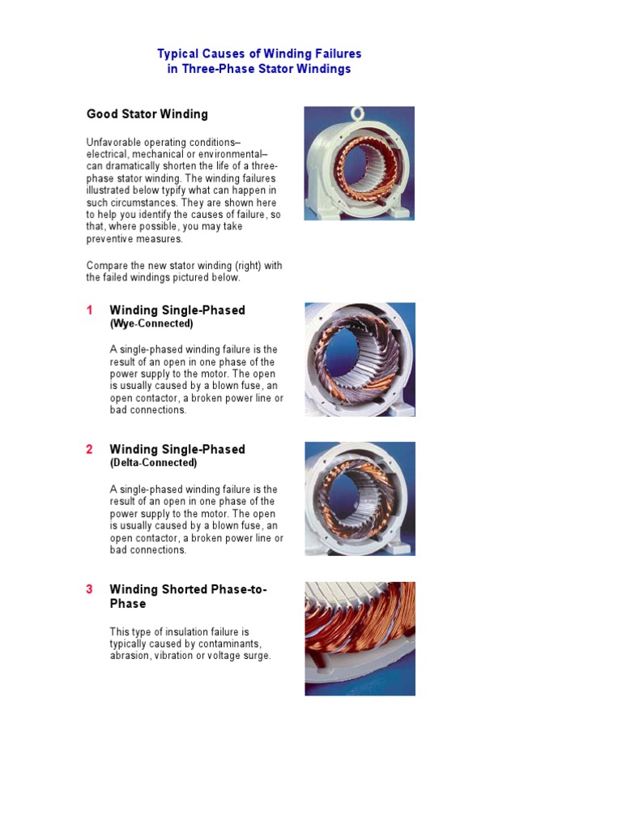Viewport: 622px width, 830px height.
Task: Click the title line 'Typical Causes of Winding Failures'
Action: pos(259,53)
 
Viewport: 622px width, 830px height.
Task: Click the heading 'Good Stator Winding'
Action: pos(147,114)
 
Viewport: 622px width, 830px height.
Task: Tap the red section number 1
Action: pos(90,310)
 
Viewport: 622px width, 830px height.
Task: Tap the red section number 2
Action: pos(90,450)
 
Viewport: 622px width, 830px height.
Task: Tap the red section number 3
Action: pos(90,589)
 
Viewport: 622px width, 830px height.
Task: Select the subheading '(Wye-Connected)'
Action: pos(151,323)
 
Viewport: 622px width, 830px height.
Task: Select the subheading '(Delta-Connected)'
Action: pos(153,463)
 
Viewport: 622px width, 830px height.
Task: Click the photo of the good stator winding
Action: pos(359,164)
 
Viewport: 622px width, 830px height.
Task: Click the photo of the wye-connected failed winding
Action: pos(360,359)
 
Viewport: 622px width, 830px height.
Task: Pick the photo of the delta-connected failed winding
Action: pos(360,498)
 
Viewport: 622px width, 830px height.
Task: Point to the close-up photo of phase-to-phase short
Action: pos(360,638)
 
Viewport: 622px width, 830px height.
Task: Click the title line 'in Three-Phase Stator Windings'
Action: pos(259,69)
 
